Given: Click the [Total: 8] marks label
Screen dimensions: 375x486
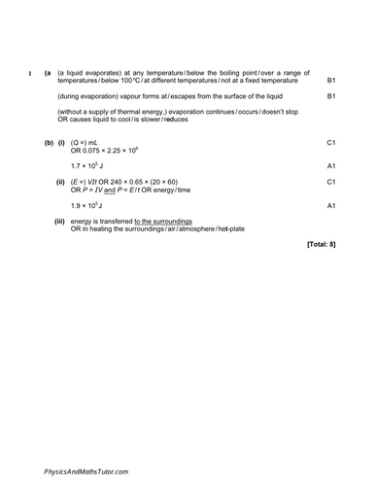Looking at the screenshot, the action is pyautogui.click(x=321, y=243).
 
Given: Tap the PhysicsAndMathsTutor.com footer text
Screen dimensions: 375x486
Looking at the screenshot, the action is pyautogui.click(x=85, y=470).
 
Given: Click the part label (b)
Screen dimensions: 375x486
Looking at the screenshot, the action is pyautogui.click(x=49, y=143).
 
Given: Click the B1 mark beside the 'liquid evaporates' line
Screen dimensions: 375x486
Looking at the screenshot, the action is pyautogui.click(x=330, y=80).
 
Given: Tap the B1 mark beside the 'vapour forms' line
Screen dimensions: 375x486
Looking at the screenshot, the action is pyautogui.click(x=330, y=96).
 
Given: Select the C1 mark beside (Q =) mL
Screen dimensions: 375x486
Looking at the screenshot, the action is pyautogui.click(x=330, y=143).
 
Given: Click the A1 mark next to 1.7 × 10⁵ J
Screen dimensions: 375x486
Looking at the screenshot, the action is pyautogui.click(x=330, y=166).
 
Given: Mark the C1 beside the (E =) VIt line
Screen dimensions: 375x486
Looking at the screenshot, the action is pyautogui.click(x=330, y=182).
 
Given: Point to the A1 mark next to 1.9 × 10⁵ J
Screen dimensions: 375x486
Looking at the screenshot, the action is pyautogui.click(x=330, y=205).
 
